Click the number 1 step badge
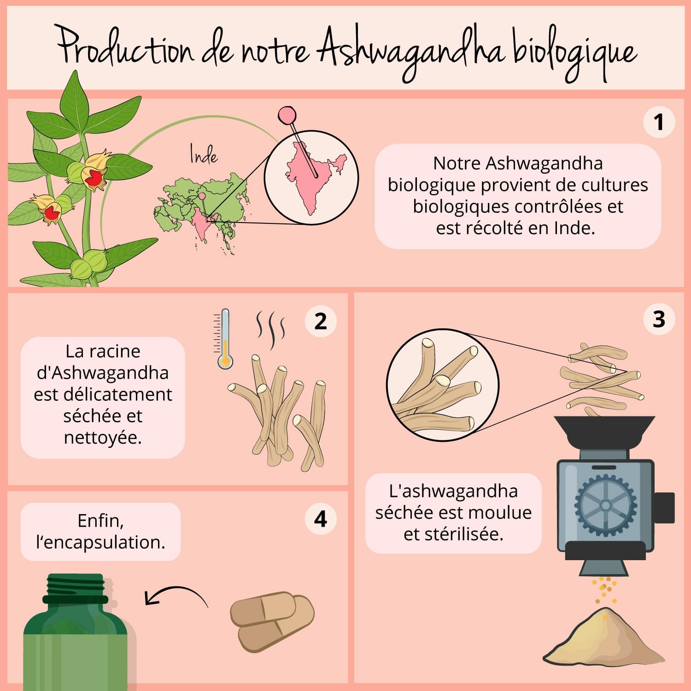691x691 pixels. coord(659,122)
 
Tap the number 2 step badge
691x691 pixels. coord(321,321)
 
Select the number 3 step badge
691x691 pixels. coord(659,319)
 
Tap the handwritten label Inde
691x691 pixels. coord(204,154)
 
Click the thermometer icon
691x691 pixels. coord(225,339)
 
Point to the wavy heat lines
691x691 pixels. coord(270,329)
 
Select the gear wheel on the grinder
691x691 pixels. coord(605,505)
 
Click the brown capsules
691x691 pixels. coord(272,621)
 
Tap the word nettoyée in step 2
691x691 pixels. coord(103,437)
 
